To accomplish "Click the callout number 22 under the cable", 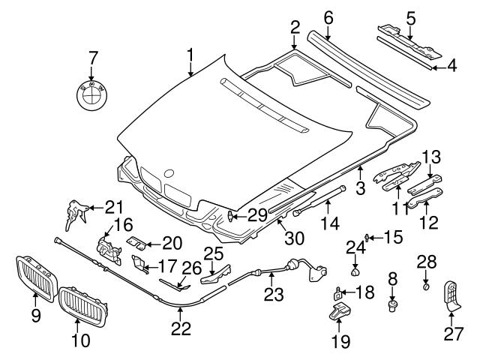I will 181,328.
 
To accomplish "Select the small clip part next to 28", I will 425,285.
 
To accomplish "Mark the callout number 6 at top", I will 307,16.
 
